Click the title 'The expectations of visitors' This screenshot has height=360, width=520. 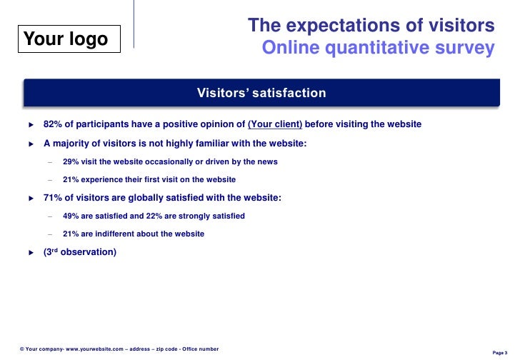click(x=371, y=26)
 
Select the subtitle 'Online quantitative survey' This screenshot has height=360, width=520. click(x=378, y=48)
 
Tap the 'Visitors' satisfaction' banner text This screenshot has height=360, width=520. click(x=261, y=93)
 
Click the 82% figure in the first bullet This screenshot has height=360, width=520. click(x=53, y=124)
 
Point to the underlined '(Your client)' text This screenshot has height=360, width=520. click(x=275, y=124)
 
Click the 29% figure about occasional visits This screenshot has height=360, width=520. click(x=71, y=161)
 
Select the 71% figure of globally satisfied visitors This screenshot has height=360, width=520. click(x=53, y=198)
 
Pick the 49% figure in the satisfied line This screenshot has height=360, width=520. click(x=71, y=216)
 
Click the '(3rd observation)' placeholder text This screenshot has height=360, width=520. click(x=79, y=252)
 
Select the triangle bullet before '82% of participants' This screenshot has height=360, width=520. click(x=31, y=125)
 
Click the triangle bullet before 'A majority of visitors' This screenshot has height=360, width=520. click(x=31, y=144)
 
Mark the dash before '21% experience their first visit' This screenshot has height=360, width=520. click(x=49, y=180)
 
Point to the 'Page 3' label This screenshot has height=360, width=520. click(x=500, y=353)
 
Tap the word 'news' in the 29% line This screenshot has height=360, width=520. click(x=267, y=161)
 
